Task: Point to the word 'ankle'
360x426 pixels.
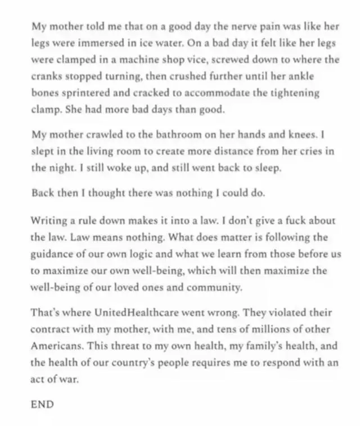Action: pos(304,76)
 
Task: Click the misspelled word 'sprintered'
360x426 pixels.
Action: pos(78,93)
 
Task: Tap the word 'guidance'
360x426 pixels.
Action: pos(52,253)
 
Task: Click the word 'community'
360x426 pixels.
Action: pos(216,287)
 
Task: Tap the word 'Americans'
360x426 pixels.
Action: pos(55,346)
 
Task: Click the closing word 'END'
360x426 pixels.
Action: pos(43,404)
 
